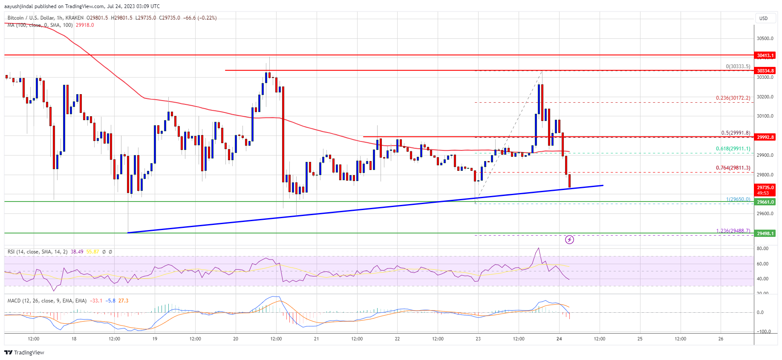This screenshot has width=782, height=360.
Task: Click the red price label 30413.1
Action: click(x=765, y=55)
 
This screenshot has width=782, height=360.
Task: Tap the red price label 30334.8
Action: click(x=765, y=71)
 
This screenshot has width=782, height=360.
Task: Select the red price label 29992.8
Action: click(x=765, y=137)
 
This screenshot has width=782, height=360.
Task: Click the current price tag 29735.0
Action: click(x=765, y=187)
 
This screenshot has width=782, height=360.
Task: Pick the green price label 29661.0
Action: click(x=765, y=202)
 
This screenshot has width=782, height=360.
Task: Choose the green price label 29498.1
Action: click(x=765, y=233)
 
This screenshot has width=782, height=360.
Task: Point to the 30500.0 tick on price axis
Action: click(x=765, y=38)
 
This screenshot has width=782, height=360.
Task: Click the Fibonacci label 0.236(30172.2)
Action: click(x=733, y=98)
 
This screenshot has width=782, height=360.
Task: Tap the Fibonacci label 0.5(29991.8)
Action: click(x=735, y=133)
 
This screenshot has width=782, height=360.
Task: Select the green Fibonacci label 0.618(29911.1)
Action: click(x=733, y=149)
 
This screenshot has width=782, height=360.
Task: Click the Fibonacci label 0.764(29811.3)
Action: click(x=733, y=168)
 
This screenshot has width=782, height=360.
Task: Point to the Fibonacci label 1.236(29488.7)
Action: click(x=733, y=231)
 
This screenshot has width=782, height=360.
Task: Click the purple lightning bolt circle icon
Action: click(x=569, y=240)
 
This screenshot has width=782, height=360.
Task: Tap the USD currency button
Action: click(x=763, y=18)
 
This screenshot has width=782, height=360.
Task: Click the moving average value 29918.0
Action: click(x=85, y=25)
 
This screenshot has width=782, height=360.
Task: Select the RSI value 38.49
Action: click(x=77, y=252)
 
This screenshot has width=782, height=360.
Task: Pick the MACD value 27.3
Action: click(x=123, y=301)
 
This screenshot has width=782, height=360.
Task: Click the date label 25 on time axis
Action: click(x=640, y=339)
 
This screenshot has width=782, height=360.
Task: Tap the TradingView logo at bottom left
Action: click(x=24, y=352)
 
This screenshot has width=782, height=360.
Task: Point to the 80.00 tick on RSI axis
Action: click(x=762, y=248)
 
